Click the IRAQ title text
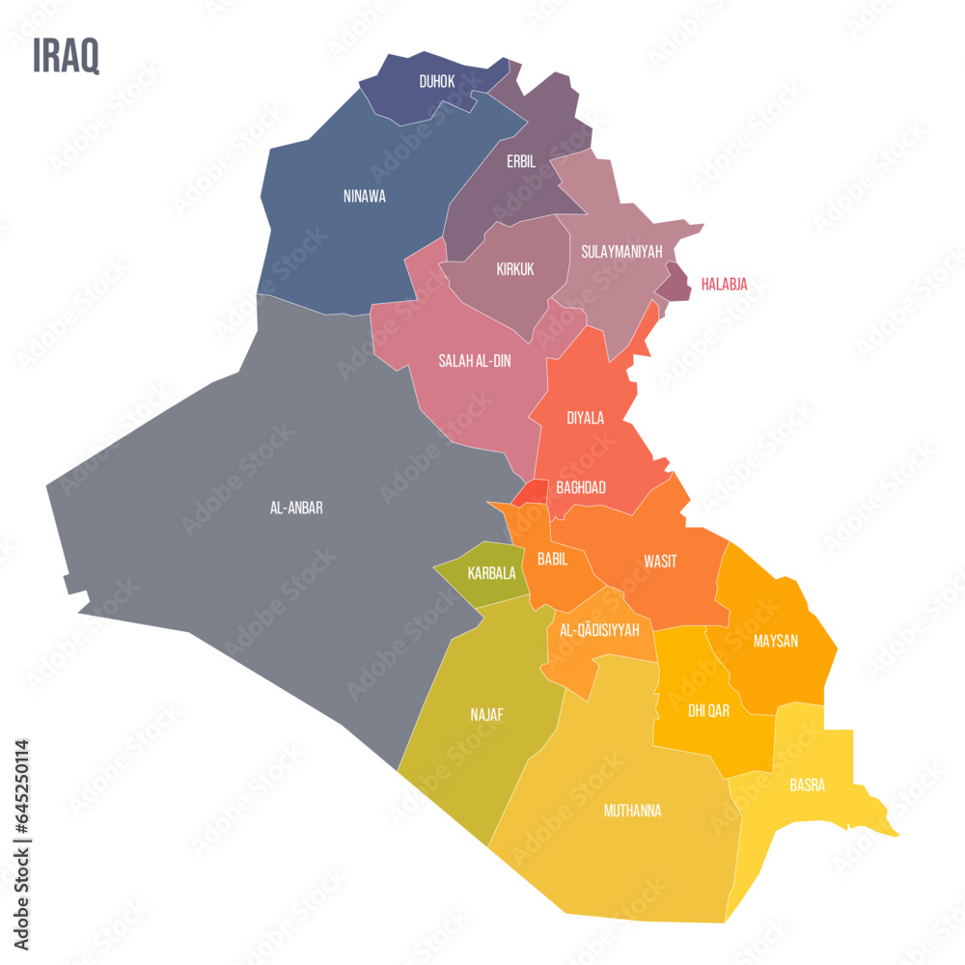point(66,57)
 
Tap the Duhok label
point(437,82)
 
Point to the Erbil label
point(521,162)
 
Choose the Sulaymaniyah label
point(621,252)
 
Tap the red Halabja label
point(724,285)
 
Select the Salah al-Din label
point(475,361)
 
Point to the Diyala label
point(586,418)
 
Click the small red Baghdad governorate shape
point(532,493)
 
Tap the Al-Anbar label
point(296,508)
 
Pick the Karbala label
point(491,573)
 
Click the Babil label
point(553,559)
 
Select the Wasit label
point(660,562)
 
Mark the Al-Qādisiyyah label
point(599,630)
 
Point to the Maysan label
point(776,641)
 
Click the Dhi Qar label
point(708,711)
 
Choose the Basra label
point(807,786)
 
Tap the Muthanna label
point(632,811)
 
